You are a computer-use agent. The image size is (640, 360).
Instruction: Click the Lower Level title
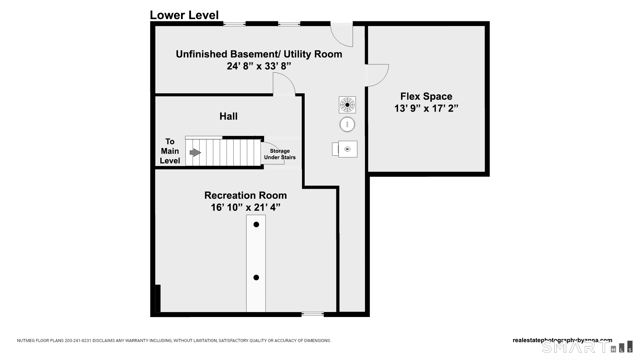184,15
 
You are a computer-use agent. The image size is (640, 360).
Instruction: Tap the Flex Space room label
426,96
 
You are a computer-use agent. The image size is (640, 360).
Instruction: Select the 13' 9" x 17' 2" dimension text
426,108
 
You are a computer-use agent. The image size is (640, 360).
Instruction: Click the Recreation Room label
245,195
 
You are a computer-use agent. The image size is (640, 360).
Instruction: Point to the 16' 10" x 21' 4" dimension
245,207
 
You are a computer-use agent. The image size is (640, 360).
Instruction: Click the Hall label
228,116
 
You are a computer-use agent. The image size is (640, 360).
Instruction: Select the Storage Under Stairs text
280,154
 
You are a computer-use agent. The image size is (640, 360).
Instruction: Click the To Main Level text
170,151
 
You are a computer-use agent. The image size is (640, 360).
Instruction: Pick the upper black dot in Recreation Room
256,225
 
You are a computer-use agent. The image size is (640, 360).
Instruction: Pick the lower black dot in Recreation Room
256,277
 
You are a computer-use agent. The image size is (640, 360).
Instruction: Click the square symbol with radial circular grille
347,105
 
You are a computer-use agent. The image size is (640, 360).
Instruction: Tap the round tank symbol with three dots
347,125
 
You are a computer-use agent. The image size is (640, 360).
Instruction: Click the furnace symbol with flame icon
348,149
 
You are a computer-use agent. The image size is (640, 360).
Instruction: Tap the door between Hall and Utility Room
284,85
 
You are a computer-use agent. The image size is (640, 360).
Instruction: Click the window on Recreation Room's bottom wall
312,314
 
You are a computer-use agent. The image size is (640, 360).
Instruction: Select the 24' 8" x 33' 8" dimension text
259,66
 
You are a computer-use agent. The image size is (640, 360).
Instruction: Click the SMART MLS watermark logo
587,347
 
